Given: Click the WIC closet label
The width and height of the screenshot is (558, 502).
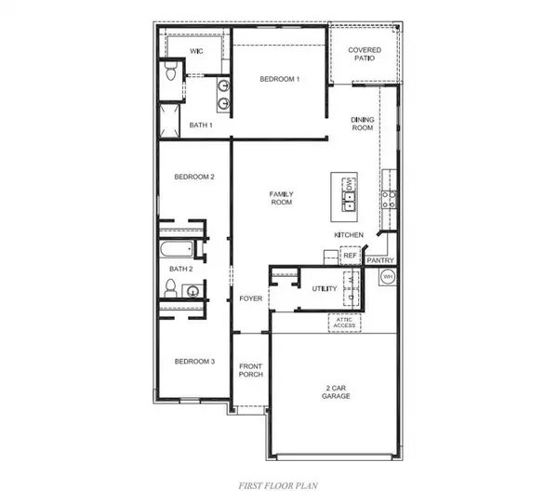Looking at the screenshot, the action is coord(196,51).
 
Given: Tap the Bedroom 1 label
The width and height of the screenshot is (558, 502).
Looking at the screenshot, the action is coord(280,79).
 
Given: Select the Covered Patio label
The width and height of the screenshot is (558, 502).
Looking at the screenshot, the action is coord(365,54).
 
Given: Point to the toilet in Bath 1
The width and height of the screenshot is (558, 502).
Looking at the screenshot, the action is coord(171,71).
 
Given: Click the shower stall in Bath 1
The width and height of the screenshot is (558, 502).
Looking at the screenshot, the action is coord(169,121).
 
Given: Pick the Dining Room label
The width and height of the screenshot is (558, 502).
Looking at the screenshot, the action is coord(363,124).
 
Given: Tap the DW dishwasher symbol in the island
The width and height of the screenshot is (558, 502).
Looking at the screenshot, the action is coord(350,184).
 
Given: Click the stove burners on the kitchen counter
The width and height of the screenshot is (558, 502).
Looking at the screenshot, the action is coord(389,200).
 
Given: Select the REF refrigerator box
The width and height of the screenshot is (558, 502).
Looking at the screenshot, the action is coord(351,255).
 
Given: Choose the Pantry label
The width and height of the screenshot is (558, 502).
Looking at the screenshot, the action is coord(380,260).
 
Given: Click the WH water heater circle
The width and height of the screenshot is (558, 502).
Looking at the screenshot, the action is coord(388,276).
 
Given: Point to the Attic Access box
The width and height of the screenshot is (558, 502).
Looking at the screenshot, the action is coord(344,323).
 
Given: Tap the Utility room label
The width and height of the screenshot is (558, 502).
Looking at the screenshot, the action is coord(325,288).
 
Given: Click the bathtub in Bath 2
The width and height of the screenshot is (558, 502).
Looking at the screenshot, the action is coord(177,249).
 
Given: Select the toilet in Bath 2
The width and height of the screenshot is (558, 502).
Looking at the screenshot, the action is coord(171,288).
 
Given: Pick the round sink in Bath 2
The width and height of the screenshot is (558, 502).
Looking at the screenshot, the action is coord(193,291).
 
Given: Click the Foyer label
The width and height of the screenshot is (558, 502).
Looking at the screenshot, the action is coord(250,298).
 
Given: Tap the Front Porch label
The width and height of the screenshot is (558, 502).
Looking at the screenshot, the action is coord(251,370).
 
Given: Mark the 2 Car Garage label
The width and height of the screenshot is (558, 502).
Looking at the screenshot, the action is coord(336,392).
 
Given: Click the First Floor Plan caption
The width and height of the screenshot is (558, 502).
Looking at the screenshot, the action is coord(278,485).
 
